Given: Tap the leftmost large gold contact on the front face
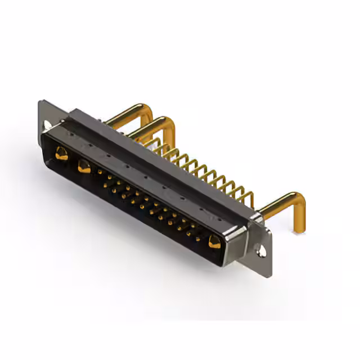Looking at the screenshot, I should point(62,154).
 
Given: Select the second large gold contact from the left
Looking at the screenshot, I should point(84,166).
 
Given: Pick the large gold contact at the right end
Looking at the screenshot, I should point(215,242).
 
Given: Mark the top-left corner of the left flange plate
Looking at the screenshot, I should point(40,102).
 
